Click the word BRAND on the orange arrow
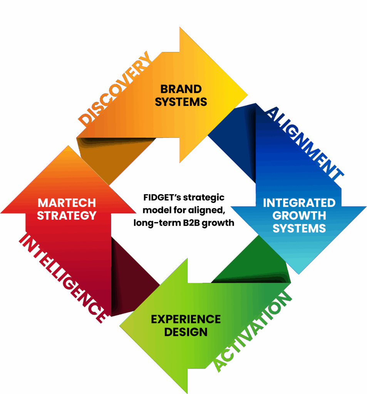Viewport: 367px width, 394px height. pyautogui.click(x=181, y=89)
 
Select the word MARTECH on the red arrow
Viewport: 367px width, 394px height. pyautogui.click(x=67, y=202)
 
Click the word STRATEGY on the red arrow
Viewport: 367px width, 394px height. pyautogui.click(x=67, y=215)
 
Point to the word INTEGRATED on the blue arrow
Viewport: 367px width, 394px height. pyautogui.click(x=299, y=202)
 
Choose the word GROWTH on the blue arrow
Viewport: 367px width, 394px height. pyautogui.click(x=299, y=215)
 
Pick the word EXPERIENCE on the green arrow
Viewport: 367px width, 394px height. pyautogui.click(x=186, y=319)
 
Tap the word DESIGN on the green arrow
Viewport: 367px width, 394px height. pyautogui.click(x=186, y=332)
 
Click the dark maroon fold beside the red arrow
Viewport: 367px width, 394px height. pyautogui.click(x=127, y=277)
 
